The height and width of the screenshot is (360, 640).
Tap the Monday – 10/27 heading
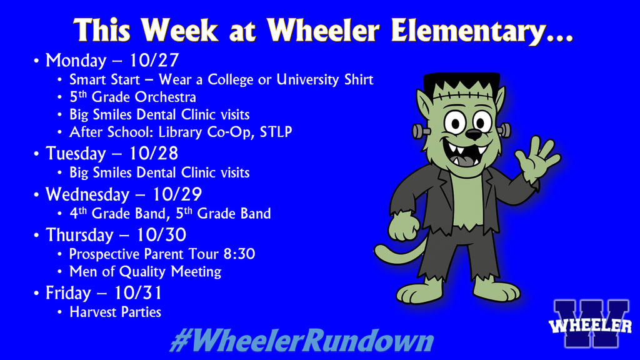[x=112, y=61]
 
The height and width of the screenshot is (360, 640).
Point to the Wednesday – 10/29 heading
[x=123, y=194]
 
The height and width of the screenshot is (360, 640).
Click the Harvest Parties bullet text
[x=115, y=311]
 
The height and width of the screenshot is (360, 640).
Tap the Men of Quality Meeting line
[x=145, y=271]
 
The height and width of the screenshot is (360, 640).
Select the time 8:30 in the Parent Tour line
[x=241, y=254]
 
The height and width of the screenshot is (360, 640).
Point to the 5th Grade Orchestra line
[x=132, y=97]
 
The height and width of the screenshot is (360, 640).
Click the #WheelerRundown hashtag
[x=301, y=342]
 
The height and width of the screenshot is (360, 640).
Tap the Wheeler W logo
[x=591, y=324]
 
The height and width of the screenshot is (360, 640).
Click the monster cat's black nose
[x=474, y=134]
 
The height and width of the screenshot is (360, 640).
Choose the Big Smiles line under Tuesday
[x=159, y=172]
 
